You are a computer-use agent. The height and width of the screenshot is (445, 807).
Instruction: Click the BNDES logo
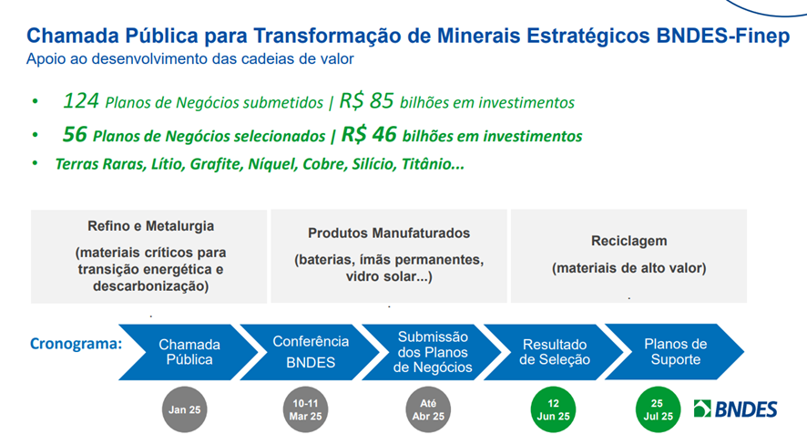point(735,409)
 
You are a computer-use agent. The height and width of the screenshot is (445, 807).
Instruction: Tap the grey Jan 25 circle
point(184,409)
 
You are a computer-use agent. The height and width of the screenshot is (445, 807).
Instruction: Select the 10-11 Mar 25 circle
point(305,409)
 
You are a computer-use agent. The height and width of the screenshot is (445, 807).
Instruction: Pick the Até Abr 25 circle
point(428,409)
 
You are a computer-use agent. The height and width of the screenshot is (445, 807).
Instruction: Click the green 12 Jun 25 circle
point(553,409)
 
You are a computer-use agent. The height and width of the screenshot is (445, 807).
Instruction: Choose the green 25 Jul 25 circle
point(658,409)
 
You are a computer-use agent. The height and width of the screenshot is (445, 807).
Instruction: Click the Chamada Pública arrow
point(189,352)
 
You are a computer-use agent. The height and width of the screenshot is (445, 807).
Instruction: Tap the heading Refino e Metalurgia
point(151,226)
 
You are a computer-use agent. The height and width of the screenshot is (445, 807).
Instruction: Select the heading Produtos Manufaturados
point(389,233)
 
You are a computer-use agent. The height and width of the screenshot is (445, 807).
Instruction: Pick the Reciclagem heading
point(628,241)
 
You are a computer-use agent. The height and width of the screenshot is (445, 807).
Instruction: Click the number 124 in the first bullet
point(80,101)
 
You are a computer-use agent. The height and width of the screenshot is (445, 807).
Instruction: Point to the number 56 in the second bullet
point(75,134)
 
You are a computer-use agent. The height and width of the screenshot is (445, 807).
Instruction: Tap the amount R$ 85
point(366,101)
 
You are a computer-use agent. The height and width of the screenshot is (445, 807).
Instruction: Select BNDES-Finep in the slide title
point(723,36)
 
